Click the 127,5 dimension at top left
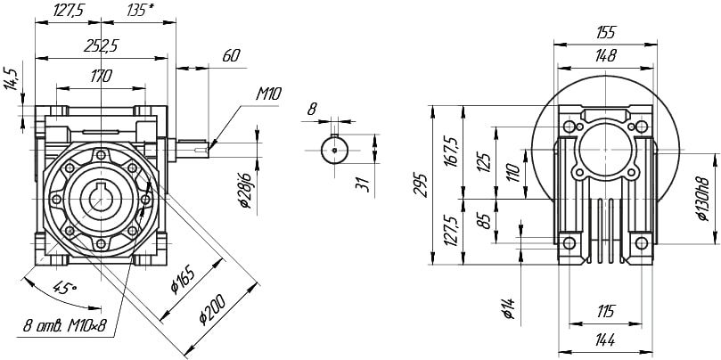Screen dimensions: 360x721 (63, 12)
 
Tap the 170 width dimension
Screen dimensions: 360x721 (101, 76)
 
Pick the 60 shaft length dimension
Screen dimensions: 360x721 (230, 56)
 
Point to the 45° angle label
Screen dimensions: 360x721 (64, 289)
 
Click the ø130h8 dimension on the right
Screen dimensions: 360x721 (704, 196)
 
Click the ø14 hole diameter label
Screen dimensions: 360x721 (507, 307)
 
